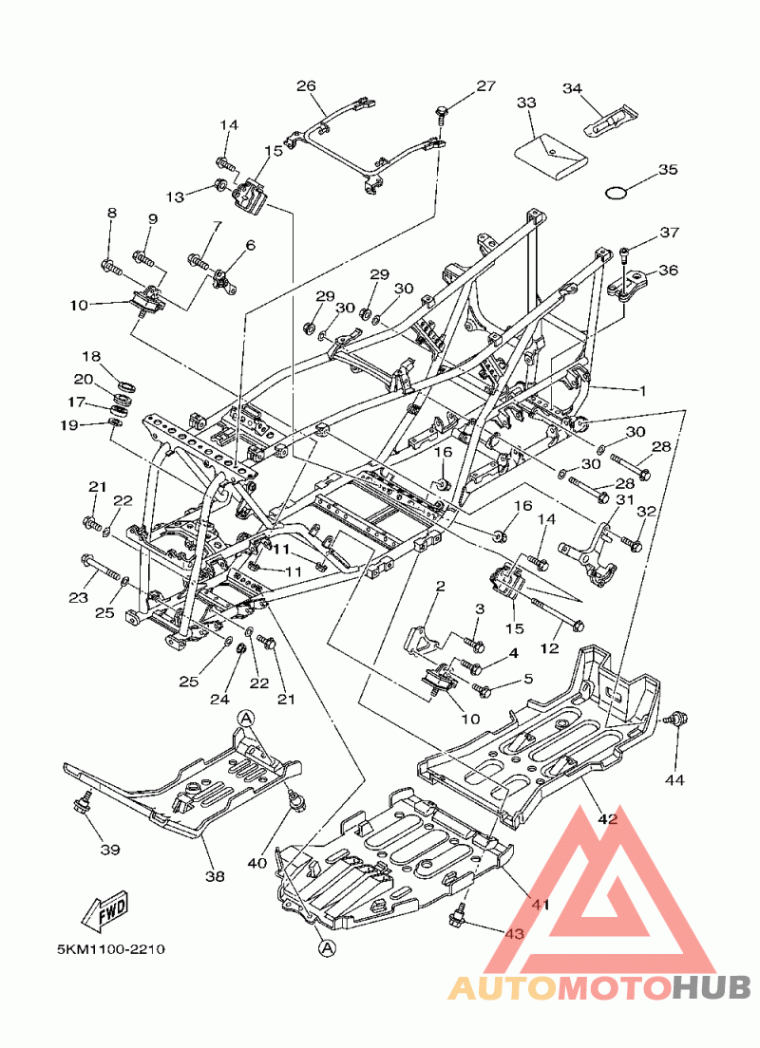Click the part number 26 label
tap(305, 85)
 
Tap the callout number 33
tap(526, 102)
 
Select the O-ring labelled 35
tap(617, 193)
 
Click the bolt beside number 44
tap(678, 718)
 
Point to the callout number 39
tap(110, 849)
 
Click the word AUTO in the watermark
tap(502, 989)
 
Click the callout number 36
tap(668, 270)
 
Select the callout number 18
tap(90, 357)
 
